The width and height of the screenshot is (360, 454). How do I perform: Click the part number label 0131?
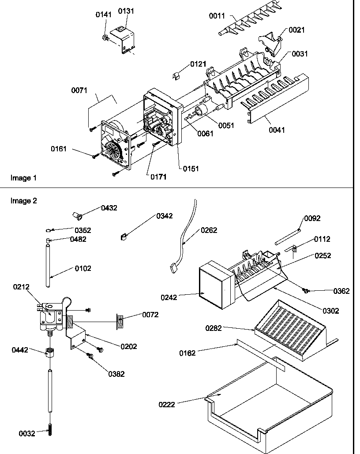point(127,11)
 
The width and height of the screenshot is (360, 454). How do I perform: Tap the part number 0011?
point(217,16)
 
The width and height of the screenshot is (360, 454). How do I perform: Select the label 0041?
point(277,130)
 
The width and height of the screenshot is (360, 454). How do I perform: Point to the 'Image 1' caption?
point(23,178)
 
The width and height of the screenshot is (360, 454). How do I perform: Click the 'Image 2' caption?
point(23,201)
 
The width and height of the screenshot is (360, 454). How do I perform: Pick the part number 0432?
point(109,208)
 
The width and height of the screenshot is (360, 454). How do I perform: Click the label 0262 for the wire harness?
point(209,230)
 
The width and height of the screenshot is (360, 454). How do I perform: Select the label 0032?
point(26,434)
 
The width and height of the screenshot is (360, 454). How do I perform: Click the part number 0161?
point(59,149)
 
